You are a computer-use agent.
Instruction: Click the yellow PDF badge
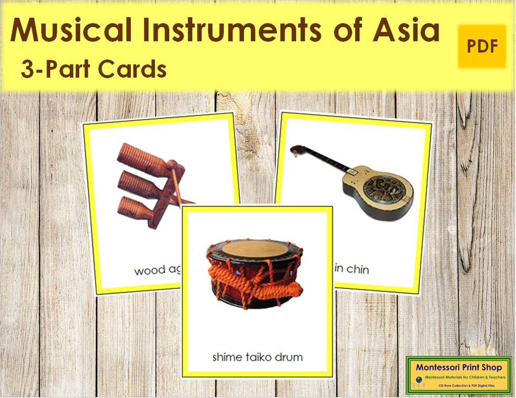pyautogui.click(x=482, y=46)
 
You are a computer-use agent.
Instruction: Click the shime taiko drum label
pyautogui.click(x=257, y=357)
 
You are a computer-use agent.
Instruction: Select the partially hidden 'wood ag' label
pyautogui.click(x=157, y=271)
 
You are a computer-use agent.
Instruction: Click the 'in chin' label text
pyautogui.click(x=352, y=270)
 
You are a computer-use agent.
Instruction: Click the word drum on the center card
pyautogui.click(x=288, y=357)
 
